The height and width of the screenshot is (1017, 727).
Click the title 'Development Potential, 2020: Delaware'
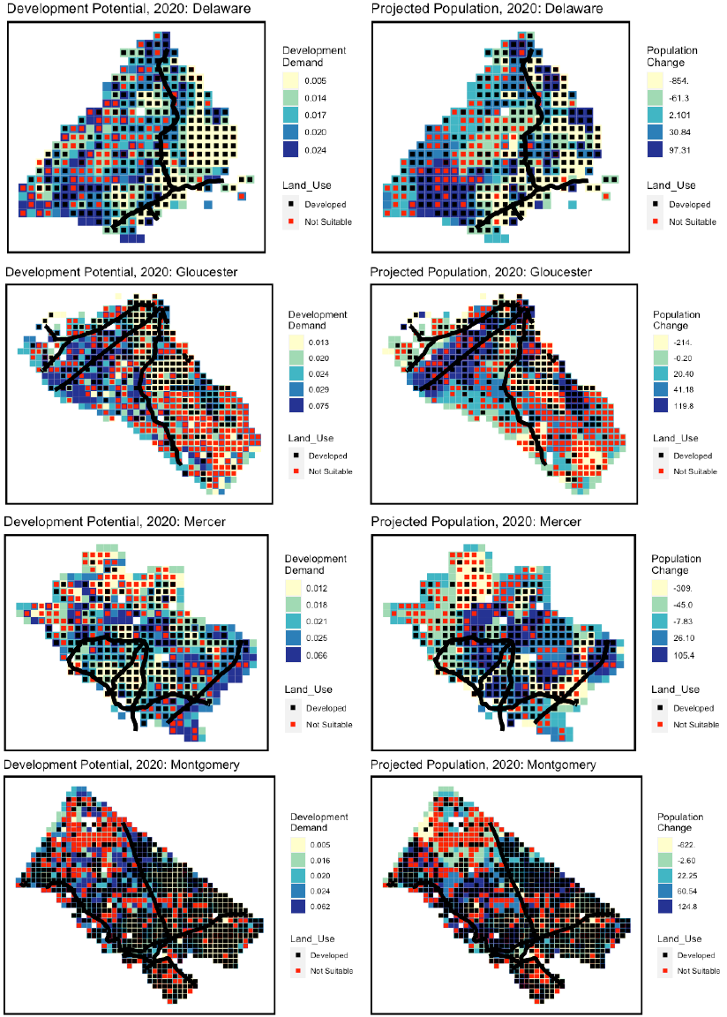127,8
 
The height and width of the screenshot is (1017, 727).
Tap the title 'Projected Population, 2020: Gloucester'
482,271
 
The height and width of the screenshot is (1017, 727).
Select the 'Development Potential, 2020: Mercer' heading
116,522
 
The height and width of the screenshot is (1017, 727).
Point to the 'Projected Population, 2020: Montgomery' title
483,765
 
